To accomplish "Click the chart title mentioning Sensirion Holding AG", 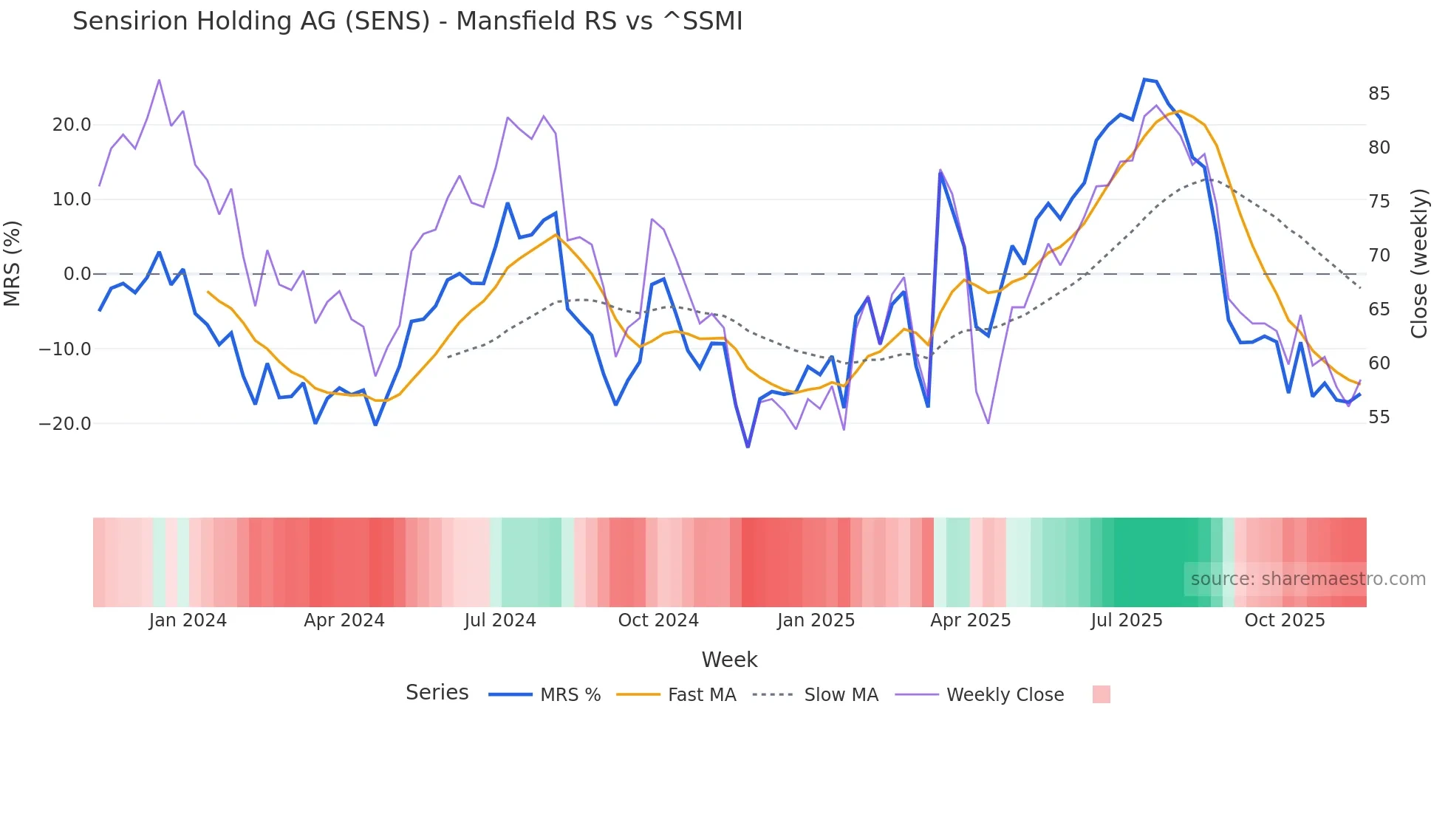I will [407, 21].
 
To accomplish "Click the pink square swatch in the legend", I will [1101, 694].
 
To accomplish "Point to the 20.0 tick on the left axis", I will [72, 125].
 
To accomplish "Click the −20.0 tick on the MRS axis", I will [65, 424].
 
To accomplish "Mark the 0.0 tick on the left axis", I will [77, 274].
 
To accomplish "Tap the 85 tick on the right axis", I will [1379, 94].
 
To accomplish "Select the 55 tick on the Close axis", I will [1379, 417].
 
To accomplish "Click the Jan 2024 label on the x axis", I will [188, 620].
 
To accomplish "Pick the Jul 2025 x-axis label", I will [1126, 620].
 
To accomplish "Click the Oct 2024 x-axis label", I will [658, 620].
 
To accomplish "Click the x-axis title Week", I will [729, 660].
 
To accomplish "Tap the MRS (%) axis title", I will [13, 264].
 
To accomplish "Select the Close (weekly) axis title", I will [1418, 264].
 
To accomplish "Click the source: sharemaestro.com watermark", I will [1308, 579].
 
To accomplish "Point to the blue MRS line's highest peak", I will [1144, 80].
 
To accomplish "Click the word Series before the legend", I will [437, 693].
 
